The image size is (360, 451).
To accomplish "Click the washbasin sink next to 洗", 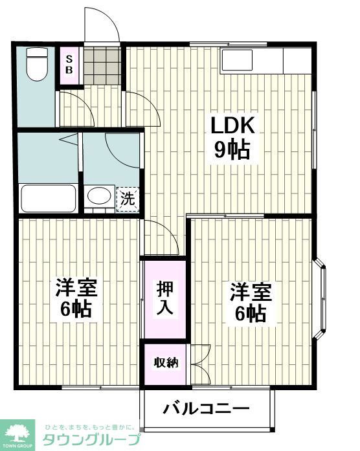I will pyautogui.click(x=98, y=197).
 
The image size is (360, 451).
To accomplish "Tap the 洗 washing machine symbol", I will pyautogui.click(x=128, y=198).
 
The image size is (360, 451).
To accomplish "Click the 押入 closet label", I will pyautogui.click(x=164, y=298).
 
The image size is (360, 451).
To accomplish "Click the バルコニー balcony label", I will pyautogui.click(x=206, y=408).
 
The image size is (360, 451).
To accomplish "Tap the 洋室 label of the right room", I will pyautogui.click(x=249, y=291).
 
